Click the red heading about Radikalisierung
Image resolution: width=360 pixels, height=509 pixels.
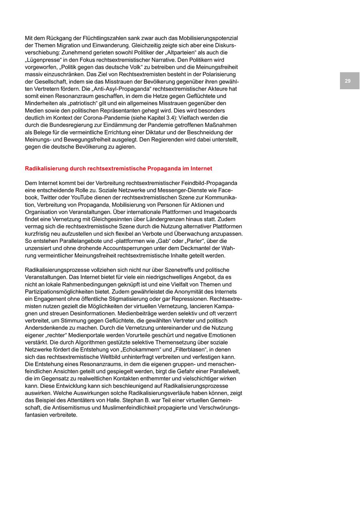pos(118,168)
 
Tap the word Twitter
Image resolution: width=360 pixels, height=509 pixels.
pos(51,198)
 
